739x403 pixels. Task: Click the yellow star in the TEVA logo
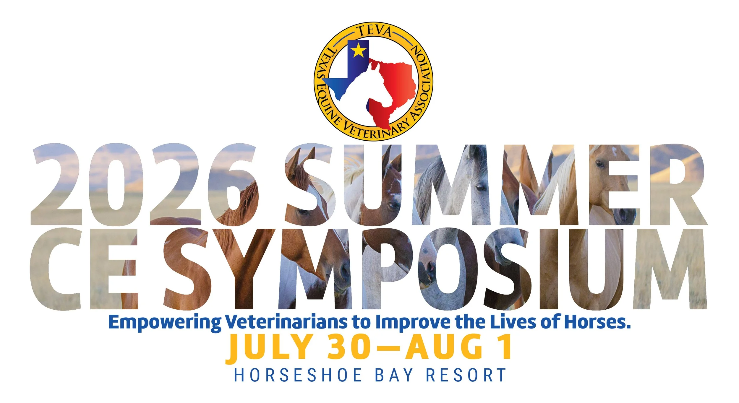(x=358, y=50)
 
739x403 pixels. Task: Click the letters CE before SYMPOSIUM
(x=84, y=269)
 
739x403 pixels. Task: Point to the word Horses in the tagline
(x=597, y=322)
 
